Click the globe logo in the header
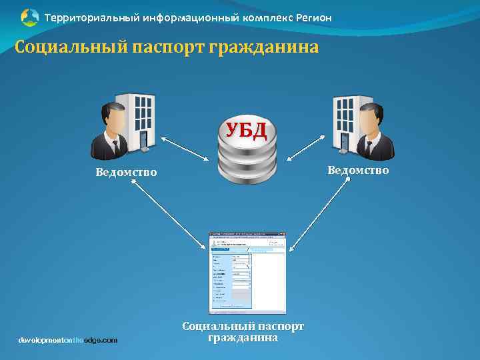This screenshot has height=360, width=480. click(30, 17)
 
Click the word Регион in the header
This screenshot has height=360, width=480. click(311, 17)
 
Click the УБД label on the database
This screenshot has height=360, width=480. click(246, 129)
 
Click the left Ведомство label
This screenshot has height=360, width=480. click(126, 173)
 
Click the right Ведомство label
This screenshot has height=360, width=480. click(357, 170)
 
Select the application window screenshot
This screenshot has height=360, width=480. click(247, 273)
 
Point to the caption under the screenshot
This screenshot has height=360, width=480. click(243, 332)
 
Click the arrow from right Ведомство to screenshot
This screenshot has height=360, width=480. click(321, 216)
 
